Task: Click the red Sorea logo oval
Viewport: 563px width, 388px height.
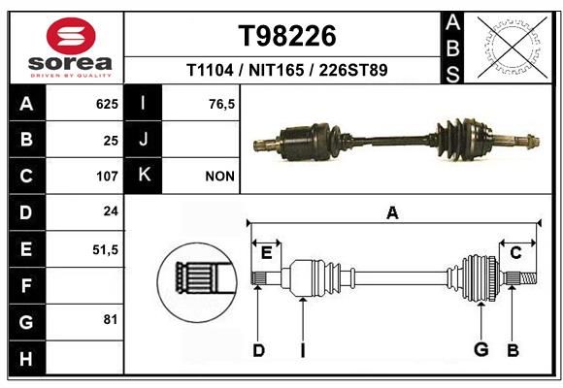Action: pos(71,36)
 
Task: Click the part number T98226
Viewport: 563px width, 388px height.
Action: pos(287,36)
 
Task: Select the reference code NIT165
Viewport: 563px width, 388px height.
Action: pos(276,70)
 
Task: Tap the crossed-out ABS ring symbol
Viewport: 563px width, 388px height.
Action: pos(513,48)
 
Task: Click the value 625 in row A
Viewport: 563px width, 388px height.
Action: pos(107,104)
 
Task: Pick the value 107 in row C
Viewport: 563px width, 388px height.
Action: pos(107,177)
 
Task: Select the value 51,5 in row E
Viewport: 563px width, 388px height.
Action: pos(105,249)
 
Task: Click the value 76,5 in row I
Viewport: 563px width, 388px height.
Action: pos(221,104)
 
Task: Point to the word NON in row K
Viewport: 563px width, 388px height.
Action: pos(219,177)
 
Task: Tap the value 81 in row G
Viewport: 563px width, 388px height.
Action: pos(111,319)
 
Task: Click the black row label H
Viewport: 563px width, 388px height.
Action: pos(27,358)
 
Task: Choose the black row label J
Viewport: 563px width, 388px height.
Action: pos(143,139)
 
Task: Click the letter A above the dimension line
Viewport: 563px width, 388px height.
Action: pos(392,213)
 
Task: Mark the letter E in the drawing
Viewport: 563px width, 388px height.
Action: pos(266,253)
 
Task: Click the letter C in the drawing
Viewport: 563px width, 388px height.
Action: pos(515,253)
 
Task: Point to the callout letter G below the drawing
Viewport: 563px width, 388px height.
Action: pos(481,349)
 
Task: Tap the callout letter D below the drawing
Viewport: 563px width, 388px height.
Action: pos(258,350)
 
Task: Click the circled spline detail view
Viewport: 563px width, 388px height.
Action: pos(197,282)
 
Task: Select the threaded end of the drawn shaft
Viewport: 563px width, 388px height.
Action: pos(528,277)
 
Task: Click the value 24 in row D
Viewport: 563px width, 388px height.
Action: pos(111,211)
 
